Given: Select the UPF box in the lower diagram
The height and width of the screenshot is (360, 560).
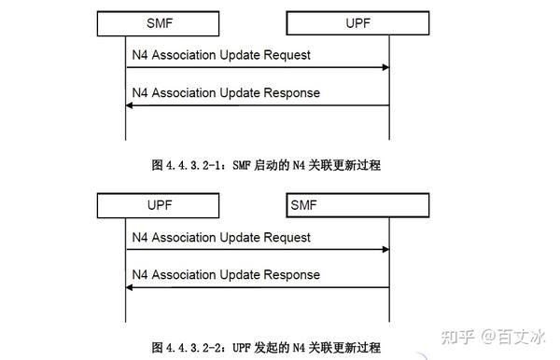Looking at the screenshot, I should pyautogui.click(x=160, y=203).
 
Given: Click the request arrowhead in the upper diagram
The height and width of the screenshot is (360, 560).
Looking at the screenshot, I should pyautogui.click(x=383, y=67).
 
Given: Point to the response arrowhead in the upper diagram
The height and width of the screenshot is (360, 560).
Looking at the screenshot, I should pyautogui.click(x=131, y=105).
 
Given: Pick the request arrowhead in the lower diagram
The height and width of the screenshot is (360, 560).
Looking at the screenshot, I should pyautogui.click(x=383, y=249).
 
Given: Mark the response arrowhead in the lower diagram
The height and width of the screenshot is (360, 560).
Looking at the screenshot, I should pyautogui.click(x=131, y=287).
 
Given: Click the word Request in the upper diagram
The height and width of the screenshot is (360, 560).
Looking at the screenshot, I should pyautogui.click(x=287, y=55).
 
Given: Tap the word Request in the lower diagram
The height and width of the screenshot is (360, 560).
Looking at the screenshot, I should pyautogui.click(x=287, y=237).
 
